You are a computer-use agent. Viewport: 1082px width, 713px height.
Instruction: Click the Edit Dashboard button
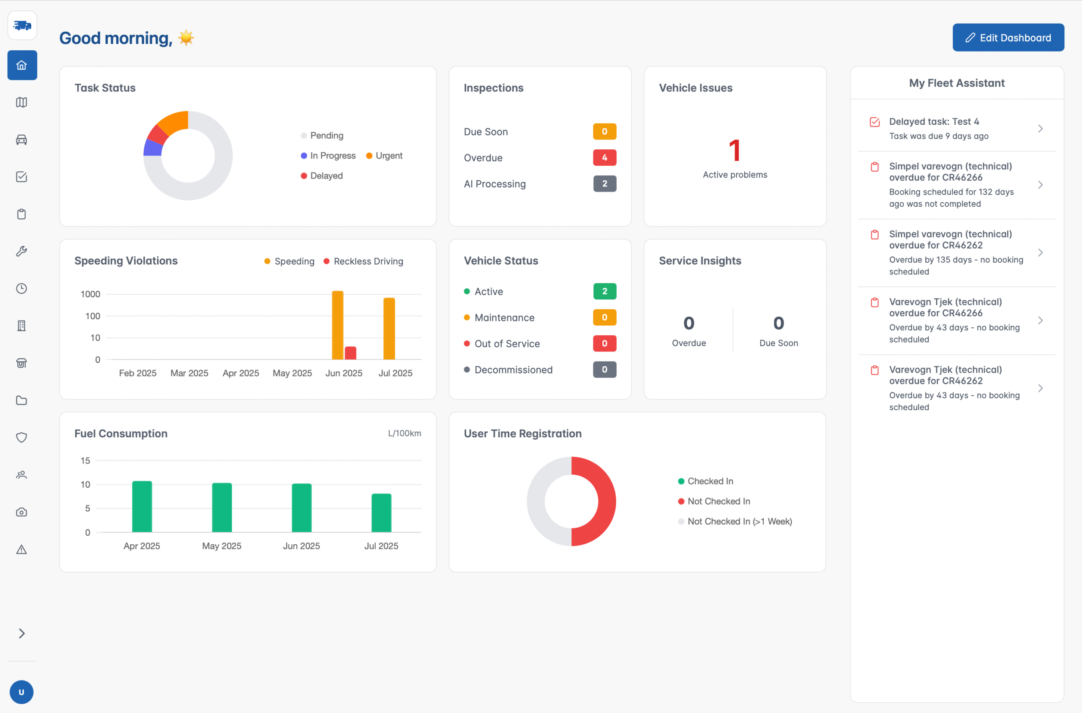click(x=1008, y=37)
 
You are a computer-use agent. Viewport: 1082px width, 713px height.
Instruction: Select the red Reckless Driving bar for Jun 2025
click(x=350, y=353)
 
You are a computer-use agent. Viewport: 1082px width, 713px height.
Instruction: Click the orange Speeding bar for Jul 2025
click(x=389, y=329)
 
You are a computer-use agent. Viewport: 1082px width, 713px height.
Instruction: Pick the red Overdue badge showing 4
click(x=604, y=157)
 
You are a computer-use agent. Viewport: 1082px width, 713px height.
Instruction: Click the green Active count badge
click(x=604, y=291)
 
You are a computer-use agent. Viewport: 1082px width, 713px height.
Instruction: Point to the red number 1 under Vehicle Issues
click(x=735, y=151)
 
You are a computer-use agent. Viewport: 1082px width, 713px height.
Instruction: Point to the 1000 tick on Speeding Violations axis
click(x=90, y=294)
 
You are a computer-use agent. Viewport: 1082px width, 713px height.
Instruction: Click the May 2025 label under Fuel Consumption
click(x=221, y=546)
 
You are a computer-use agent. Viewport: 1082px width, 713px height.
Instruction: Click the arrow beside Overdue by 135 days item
click(x=1040, y=252)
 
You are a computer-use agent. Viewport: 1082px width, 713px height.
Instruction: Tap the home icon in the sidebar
click(x=22, y=65)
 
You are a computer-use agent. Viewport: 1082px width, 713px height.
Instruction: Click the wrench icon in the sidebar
click(x=22, y=251)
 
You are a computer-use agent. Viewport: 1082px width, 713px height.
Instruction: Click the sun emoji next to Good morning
click(x=186, y=38)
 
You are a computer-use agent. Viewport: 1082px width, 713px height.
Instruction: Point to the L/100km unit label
click(x=404, y=433)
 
